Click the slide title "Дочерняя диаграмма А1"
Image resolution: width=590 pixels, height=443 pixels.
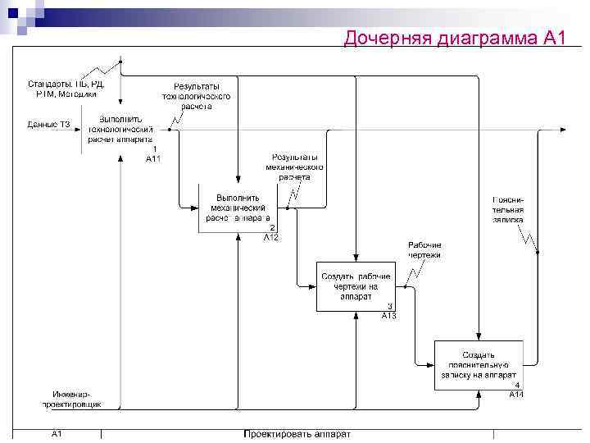(455, 38)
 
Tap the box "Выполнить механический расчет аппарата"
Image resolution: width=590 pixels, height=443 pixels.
(238, 208)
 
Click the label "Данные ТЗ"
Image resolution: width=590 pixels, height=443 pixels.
(48, 124)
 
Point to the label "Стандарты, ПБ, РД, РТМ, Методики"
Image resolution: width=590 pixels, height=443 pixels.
(66, 89)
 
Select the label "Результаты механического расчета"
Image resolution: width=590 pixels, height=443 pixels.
(295, 167)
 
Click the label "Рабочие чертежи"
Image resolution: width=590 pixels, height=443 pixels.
(424, 249)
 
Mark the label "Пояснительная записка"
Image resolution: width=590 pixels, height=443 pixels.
(507, 209)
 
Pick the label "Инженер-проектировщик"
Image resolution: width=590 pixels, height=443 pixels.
(73, 400)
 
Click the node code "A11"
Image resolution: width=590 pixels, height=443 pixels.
(153, 158)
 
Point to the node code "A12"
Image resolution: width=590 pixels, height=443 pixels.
(271, 237)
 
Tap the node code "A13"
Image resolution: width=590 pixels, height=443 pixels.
(389, 316)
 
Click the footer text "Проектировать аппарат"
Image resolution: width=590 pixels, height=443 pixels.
(297, 434)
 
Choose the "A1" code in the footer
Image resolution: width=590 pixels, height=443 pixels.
(59, 433)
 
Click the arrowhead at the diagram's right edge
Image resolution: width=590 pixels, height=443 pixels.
(561, 129)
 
